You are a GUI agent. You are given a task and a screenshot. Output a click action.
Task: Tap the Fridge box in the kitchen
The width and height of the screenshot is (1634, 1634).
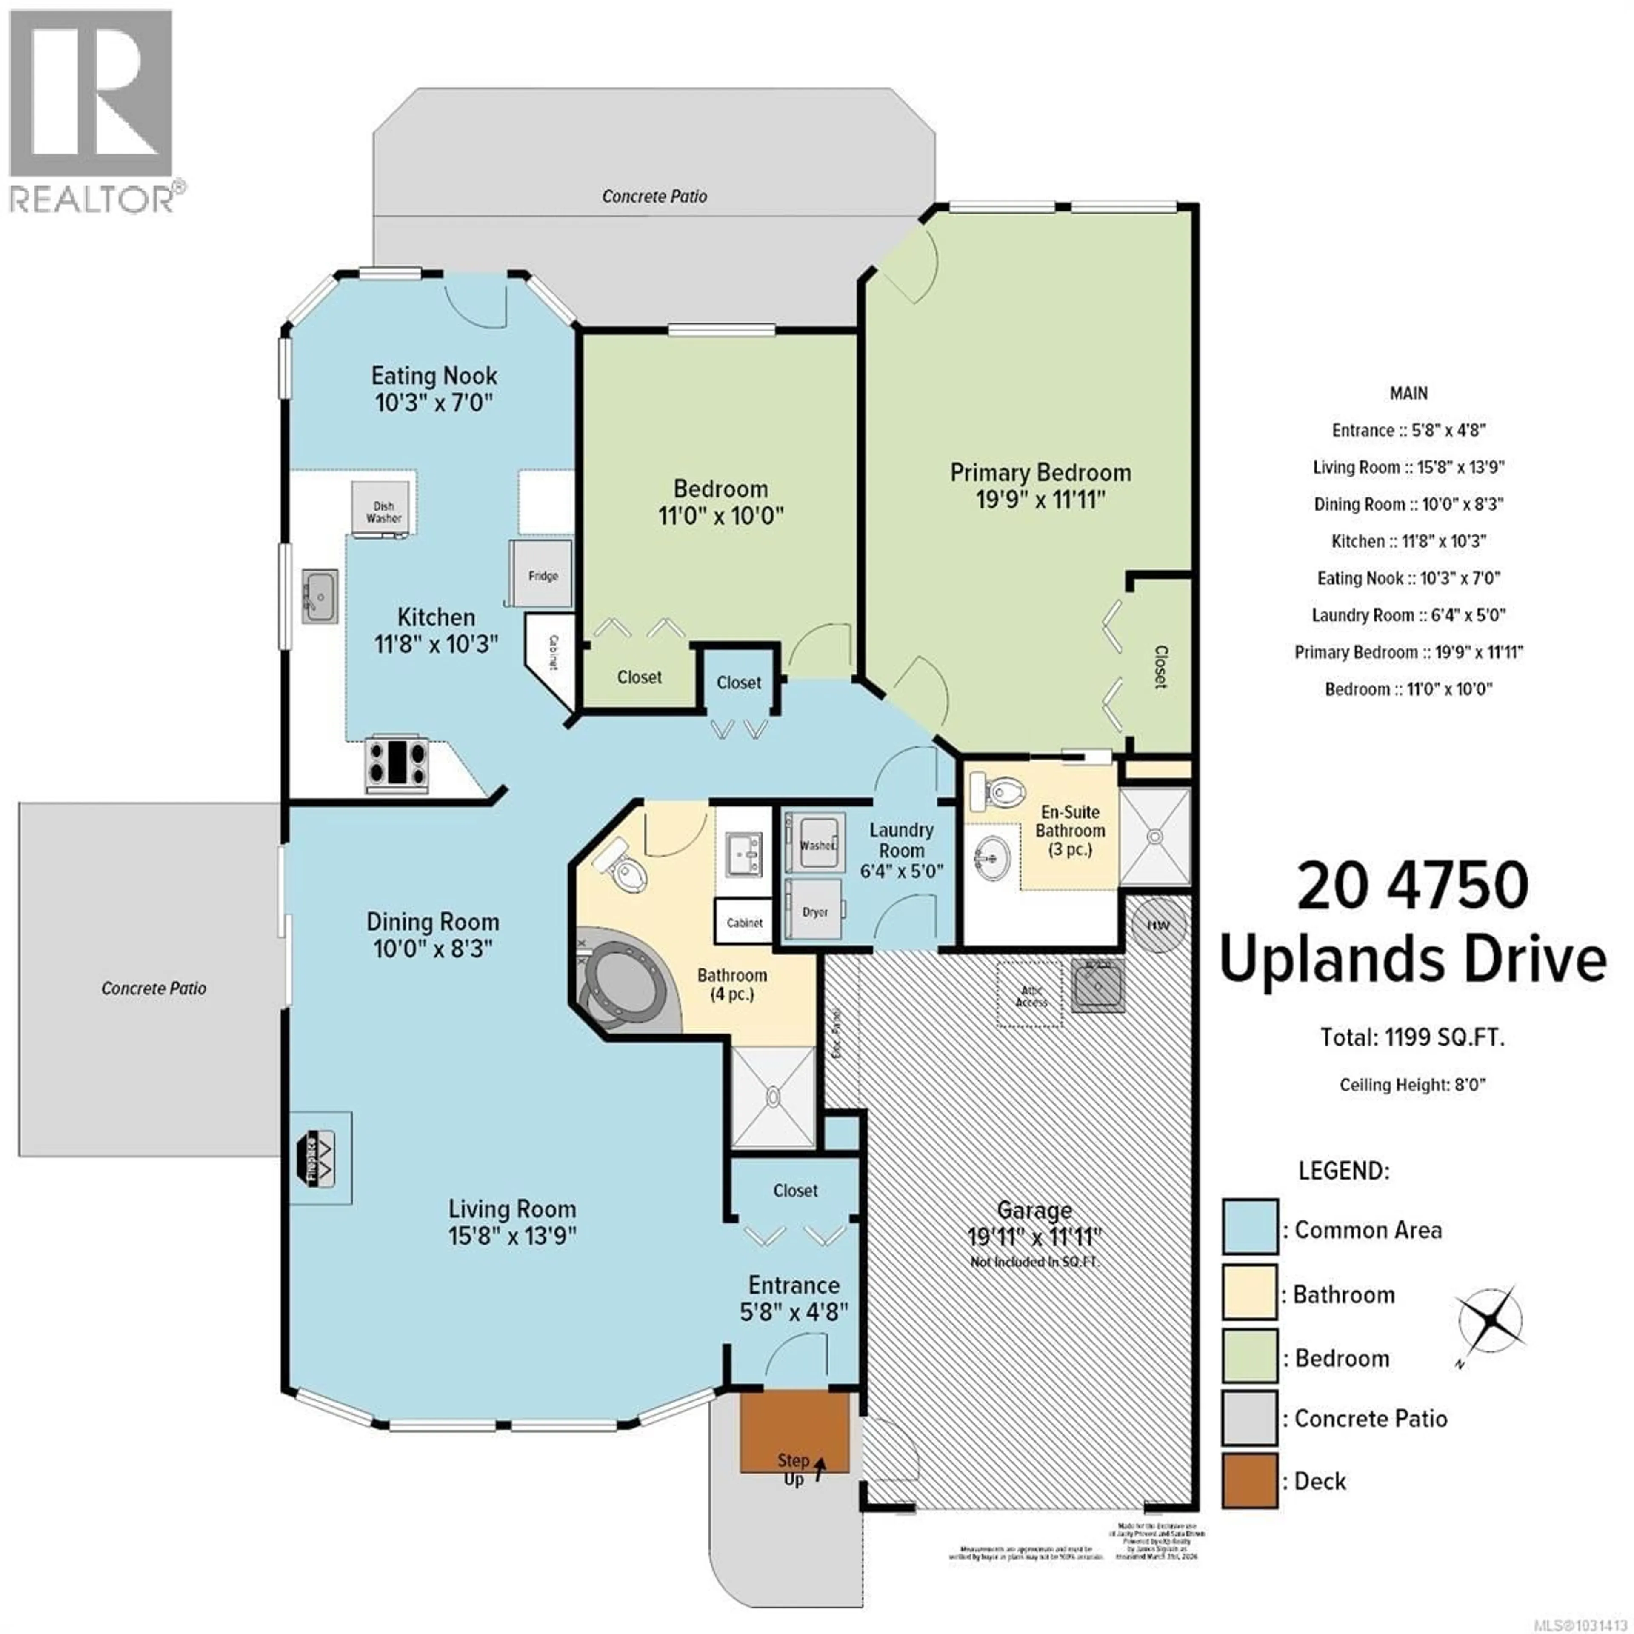(x=541, y=574)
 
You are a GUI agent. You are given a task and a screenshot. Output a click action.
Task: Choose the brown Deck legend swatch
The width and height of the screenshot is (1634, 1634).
(x=1248, y=1480)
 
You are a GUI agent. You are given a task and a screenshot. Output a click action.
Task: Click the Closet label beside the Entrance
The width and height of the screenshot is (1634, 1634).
(x=795, y=1191)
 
